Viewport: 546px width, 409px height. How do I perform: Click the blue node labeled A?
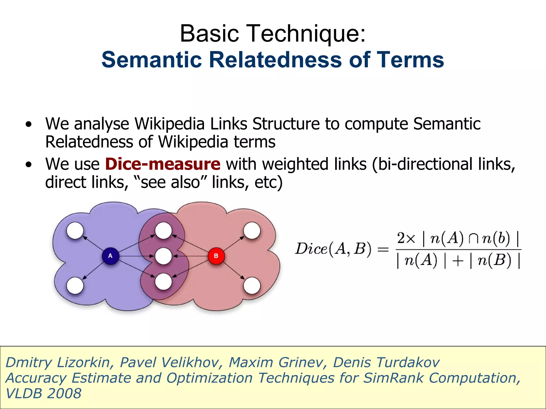pos(110,256)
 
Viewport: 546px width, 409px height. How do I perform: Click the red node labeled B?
pos(216,256)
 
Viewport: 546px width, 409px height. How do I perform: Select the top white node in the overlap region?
pos(163,231)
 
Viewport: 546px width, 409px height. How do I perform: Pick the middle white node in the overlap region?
pos(163,256)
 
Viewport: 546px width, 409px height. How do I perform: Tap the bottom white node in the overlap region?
pos(163,281)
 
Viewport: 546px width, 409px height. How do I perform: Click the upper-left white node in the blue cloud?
pos(75,231)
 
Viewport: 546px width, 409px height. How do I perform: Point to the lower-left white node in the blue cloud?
pos(75,286)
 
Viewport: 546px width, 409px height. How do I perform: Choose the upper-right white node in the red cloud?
pos(252,231)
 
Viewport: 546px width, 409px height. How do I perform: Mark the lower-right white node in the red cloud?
pos(252,286)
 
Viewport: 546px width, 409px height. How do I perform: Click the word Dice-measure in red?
pos(163,164)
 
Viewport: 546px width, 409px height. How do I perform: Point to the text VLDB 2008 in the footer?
pos(43,394)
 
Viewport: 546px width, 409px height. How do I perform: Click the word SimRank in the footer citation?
pos(393,378)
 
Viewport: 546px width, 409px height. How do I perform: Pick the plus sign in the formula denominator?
pos(457,261)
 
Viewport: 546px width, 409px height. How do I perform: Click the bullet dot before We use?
pos(29,165)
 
